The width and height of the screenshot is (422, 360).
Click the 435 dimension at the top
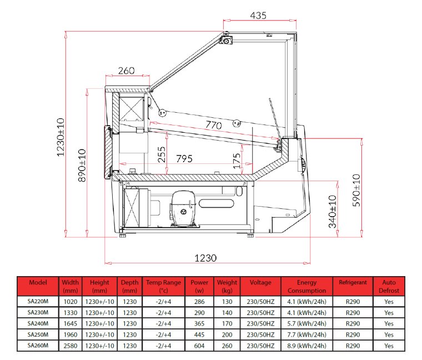pyautogui.click(x=258, y=16)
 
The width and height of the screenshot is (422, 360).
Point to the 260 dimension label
pyautogui.click(x=126, y=71)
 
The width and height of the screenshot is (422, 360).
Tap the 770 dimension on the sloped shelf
pyautogui.click(x=214, y=125)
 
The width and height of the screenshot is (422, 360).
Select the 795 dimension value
pyautogui.click(x=184, y=158)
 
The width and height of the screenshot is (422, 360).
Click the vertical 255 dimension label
pyautogui.click(x=162, y=154)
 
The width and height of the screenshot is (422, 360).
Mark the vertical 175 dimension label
pyautogui.click(x=237, y=161)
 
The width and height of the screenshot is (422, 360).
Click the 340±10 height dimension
pyautogui.click(x=333, y=212)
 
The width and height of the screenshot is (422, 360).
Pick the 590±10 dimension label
pyautogui.click(x=356, y=191)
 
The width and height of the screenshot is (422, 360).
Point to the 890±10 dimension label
pyautogui.click(x=82, y=166)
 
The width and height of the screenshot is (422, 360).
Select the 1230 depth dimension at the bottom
pyautogui.click(x=205, y=258)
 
